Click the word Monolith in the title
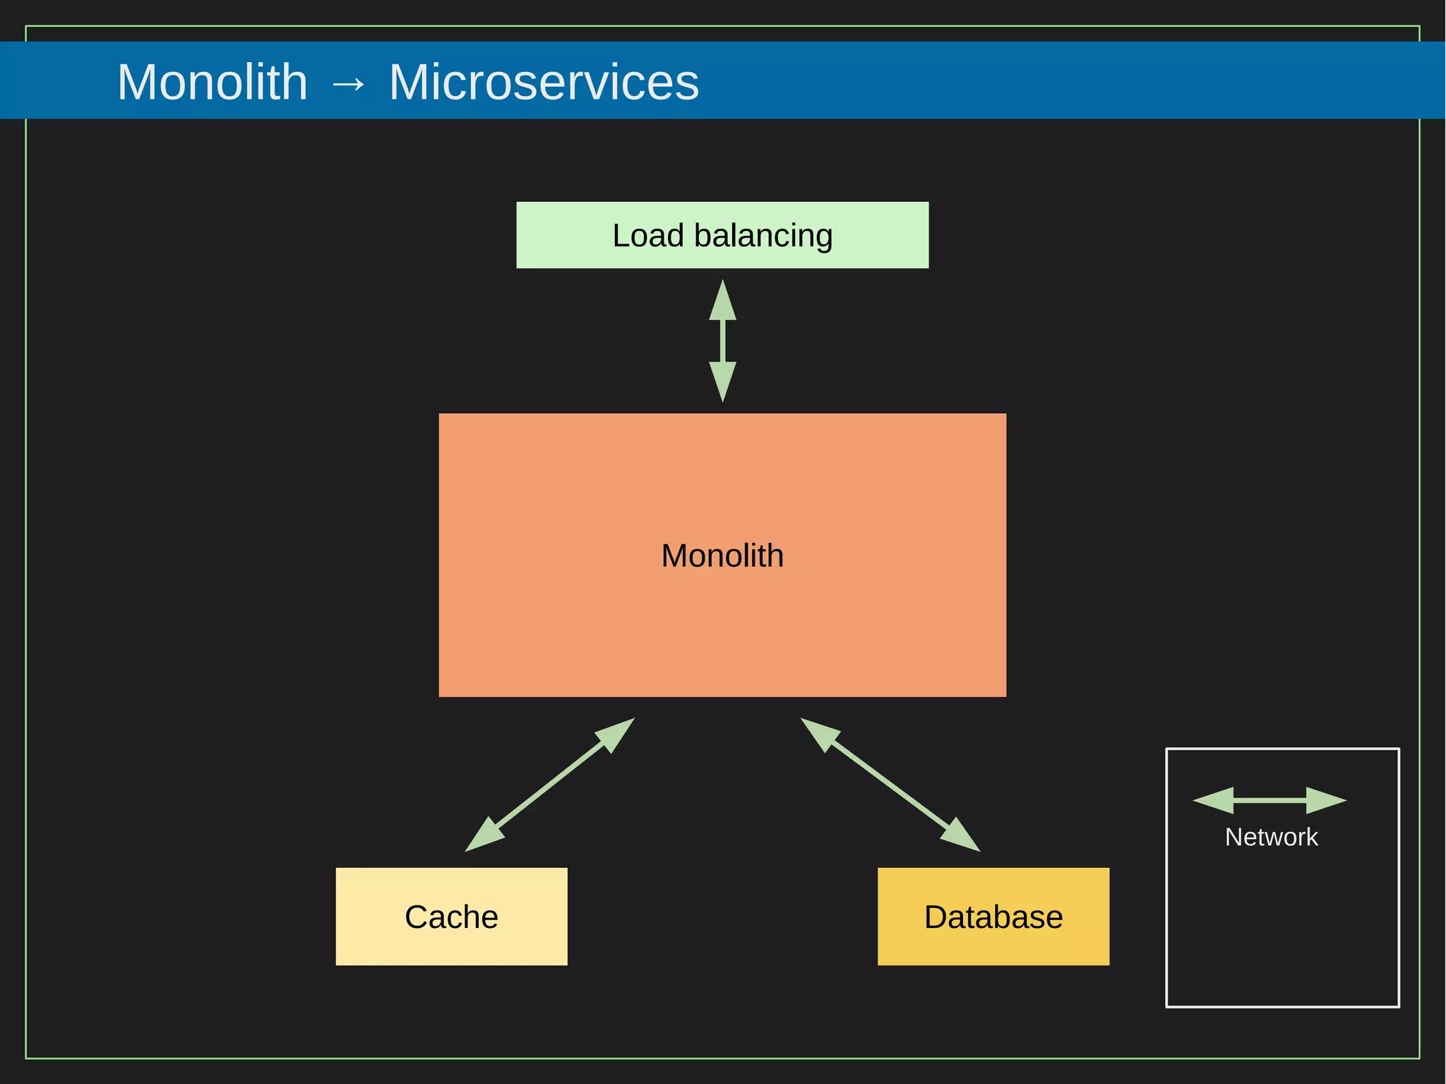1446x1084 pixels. click(x=213, y=82)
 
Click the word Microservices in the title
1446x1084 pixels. click(x=544, y=82)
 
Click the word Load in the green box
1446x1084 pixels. click(x=647, y=235)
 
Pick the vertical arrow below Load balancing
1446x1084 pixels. click(x=722, y=342)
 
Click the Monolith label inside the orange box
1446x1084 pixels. click(x=722, y=556)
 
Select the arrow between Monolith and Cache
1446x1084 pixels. click(x=549, y=785)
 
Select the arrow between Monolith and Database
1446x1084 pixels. click(x=890, y=785)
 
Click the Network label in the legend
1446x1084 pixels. click(x=1271, y=837)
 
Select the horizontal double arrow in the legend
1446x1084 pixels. click(x=1269, y=801)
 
